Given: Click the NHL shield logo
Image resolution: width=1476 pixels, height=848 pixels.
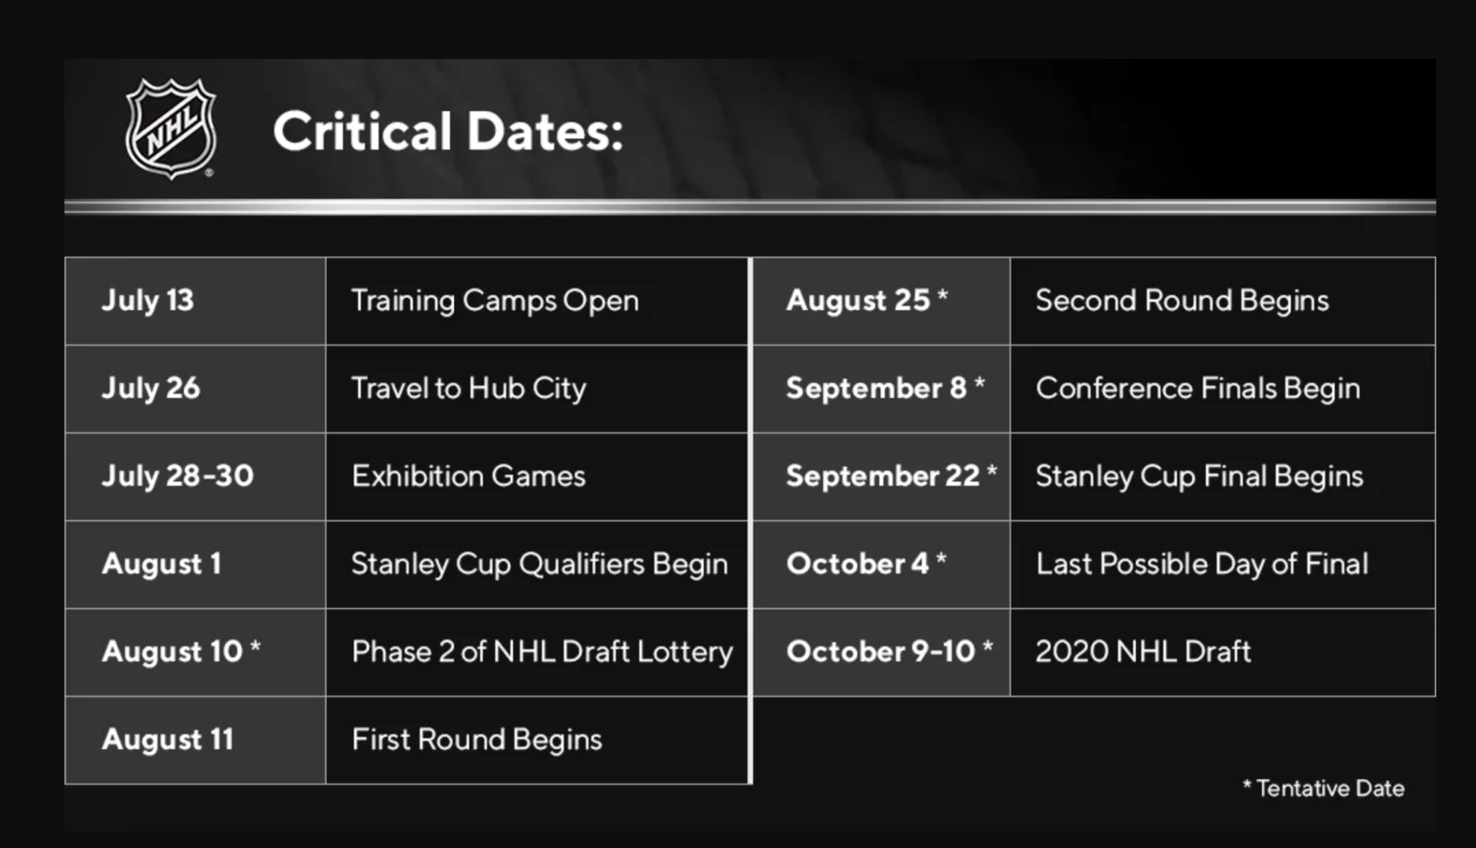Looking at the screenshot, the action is click(x=171, y=128).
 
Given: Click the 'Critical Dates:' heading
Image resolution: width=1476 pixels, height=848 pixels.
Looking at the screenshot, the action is click(x=448, y=131).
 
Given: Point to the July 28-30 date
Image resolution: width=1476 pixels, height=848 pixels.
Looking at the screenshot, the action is click(x=178, y=477).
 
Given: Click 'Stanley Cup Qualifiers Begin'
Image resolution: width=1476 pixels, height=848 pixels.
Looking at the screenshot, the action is click(x=540, y=565).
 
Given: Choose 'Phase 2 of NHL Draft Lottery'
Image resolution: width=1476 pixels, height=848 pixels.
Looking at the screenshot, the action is click(x=543, y=652).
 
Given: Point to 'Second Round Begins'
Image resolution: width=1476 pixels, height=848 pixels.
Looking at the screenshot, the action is click(x=1183, y=301).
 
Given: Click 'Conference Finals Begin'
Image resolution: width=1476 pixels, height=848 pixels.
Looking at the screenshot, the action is click(x=1199, y=389).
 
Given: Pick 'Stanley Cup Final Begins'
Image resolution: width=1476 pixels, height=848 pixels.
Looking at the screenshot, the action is click(x=1200, y=477).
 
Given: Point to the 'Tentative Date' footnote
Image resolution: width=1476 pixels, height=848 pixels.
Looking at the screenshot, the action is click(x=1324, y=788).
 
